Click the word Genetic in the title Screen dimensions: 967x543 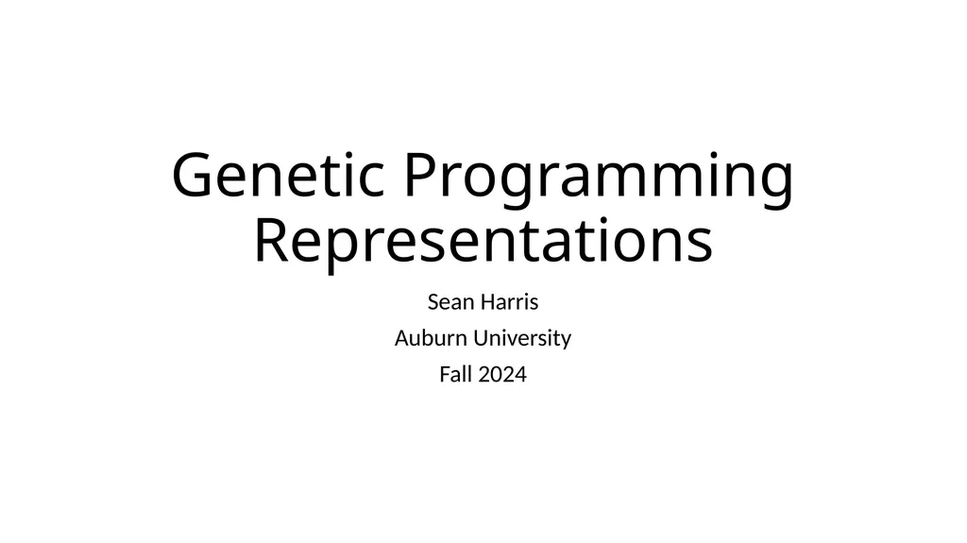279,175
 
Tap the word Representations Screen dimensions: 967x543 483,244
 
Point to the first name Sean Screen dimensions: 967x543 450,302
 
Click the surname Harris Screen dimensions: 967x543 509,302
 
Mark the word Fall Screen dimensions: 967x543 455,374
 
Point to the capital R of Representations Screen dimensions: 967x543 273,240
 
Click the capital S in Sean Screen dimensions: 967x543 433,302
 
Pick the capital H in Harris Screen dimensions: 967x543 488,302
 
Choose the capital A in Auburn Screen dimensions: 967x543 403,338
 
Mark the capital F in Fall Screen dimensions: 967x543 445,374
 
